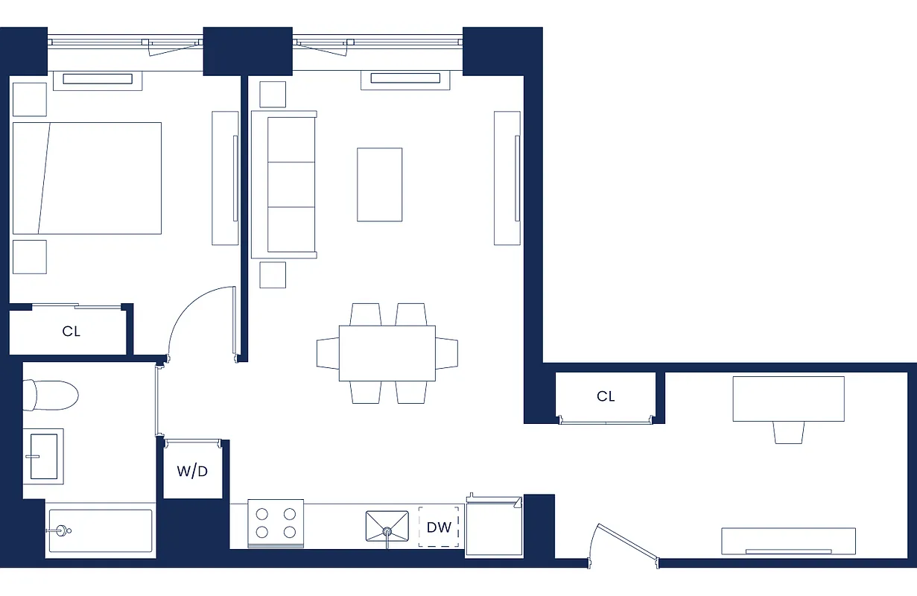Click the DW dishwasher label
(x=439, y=527)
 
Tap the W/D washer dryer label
(x=192, y=472)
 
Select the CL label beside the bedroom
(x=71, y=332)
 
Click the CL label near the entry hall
(x=606, y=396)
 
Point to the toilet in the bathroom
(x=51, y=395)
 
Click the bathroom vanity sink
(x=44, y=455)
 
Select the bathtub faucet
(x=60, y=530)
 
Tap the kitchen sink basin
(x=387, y=525)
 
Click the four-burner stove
(x=276, y=522)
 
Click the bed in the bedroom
(x=87, y=178)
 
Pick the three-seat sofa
(x=284, y=184)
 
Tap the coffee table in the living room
(x=379, y=184)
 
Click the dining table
(x=387, y=353)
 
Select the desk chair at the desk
(x=789, y=432)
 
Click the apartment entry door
(x=624, y=543)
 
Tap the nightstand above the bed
(x=30, y=99)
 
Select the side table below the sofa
(x=273, y=274)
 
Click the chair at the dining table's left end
(x=328, y=353)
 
